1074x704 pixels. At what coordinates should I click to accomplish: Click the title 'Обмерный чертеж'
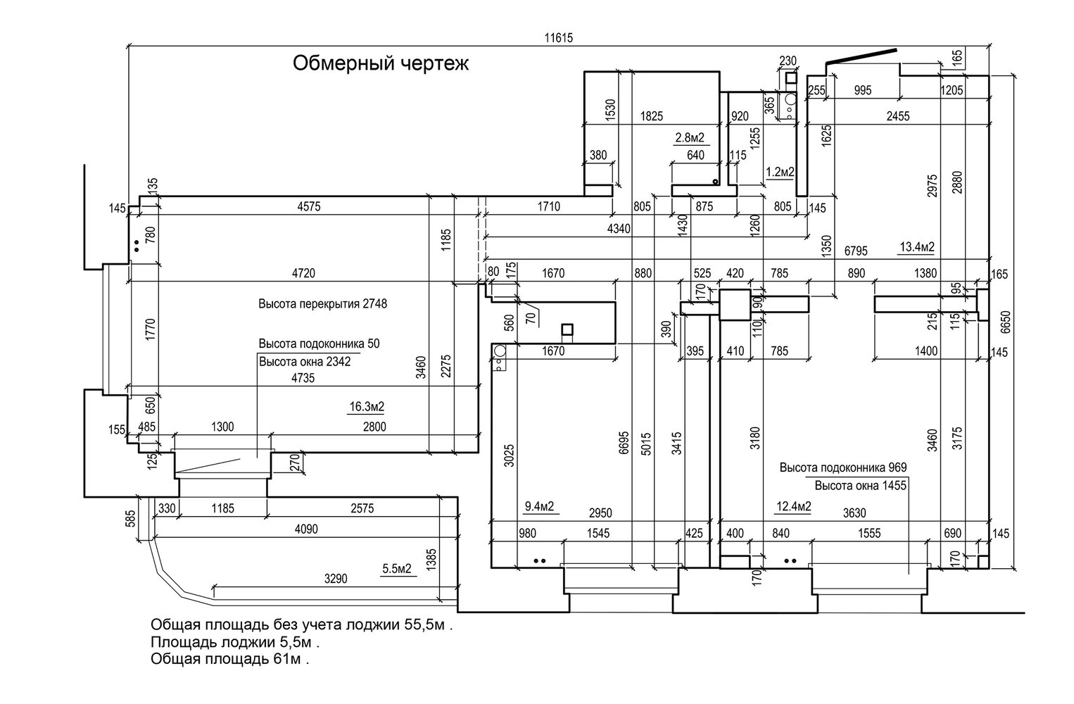point(380,64)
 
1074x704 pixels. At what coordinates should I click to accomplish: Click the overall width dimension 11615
point(560,39)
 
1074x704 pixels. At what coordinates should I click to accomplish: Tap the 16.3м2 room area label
point(367,406)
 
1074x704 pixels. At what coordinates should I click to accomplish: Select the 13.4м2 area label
point(917,246)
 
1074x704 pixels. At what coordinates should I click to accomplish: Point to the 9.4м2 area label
point(540,505)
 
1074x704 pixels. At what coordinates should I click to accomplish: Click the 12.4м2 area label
point(794,505)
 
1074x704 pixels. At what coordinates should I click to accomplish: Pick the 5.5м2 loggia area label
point(397,567)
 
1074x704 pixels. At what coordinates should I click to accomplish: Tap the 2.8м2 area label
point(690,137)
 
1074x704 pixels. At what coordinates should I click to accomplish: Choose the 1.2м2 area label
point(780,171)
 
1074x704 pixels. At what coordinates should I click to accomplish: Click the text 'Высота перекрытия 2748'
point(323,305)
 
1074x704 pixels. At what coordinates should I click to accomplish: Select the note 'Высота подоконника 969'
point(843,467)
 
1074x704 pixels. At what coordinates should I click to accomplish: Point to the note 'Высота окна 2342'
point(305,363)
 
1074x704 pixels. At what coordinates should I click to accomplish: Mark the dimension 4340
point(620,228)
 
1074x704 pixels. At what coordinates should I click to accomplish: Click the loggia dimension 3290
point(336,579)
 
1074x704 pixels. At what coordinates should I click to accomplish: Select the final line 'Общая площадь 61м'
point(229,660)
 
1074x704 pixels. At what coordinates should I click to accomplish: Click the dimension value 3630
point(854,513)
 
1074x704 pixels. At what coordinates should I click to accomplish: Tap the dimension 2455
point(897,116)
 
